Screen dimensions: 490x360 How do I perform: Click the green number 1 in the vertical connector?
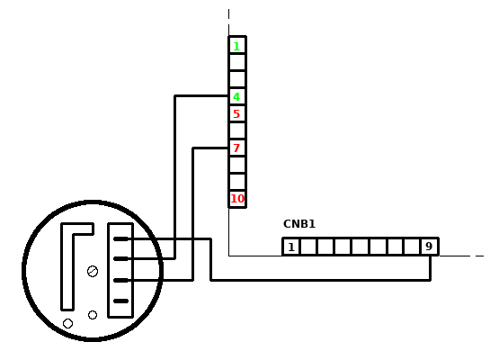(236, 47)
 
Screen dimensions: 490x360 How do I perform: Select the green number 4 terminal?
(236, 97)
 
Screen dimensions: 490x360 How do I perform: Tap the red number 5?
(236, 114)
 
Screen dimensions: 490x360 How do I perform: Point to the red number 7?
(236, 148)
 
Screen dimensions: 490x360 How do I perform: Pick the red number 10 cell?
(237, 199)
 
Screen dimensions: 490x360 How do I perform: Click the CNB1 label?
(299, 224)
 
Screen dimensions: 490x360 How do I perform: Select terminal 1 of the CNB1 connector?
(291, 247)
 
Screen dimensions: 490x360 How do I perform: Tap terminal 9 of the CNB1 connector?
(429, 247)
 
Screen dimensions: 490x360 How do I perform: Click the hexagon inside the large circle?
(67, 323)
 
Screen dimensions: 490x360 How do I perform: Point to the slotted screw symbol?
(93, 271)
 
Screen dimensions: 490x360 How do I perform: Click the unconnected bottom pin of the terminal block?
(121, 301)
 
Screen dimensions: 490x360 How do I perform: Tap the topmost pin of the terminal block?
(121, 239)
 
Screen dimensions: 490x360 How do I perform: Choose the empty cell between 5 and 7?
(237, 130)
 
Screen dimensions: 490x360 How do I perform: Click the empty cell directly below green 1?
(237, 63)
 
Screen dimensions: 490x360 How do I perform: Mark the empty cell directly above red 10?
(237, 182)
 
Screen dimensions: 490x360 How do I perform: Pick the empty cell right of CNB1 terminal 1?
(308, 247)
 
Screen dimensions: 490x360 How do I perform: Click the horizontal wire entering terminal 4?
(201, 95)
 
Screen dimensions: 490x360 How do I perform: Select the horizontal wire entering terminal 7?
(210, 148)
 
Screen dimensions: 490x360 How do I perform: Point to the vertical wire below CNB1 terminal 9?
(431, 268)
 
